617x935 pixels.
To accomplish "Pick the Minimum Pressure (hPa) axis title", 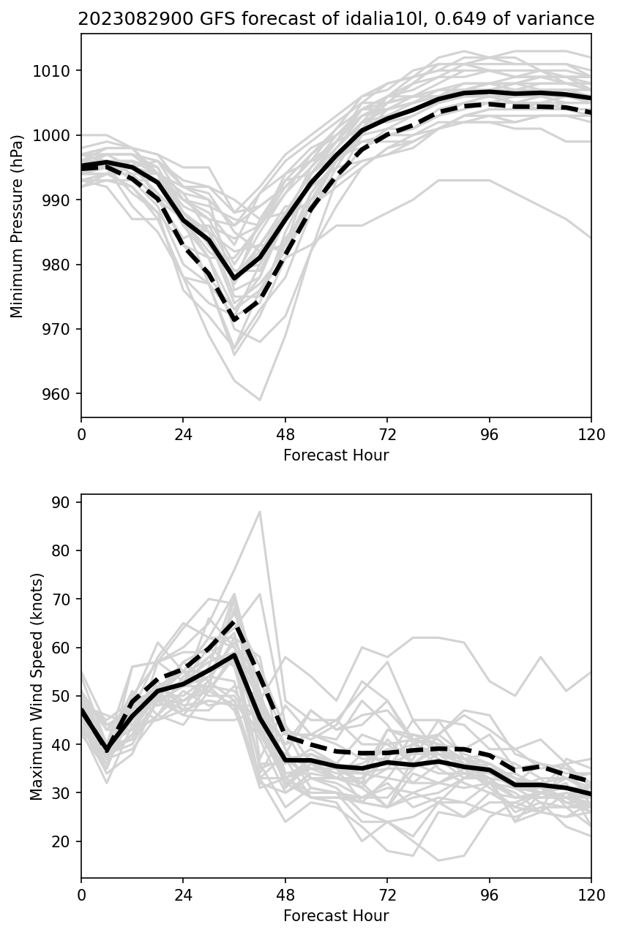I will pyautogui.click(x=18, y=225).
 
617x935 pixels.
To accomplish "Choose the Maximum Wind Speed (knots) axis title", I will pyautogui.click(x=37, y=686).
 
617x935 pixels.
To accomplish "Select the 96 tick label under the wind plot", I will pyautogui.click(x=489, y=895).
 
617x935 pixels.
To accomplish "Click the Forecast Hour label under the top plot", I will pyautogui.click(x=336, y=455).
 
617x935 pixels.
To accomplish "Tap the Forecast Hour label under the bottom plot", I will pyautogui.click(x=336, y=915).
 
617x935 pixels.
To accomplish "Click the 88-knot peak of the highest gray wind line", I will pyautogui.click(x=260, y=512).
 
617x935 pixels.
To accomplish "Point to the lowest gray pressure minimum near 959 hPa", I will pyautogui.click(x=260, y=400).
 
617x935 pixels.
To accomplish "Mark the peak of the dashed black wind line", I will pyautogui.click(x=234, y=621).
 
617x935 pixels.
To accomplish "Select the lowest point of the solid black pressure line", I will pyautogui.click(x=234, y=279).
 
